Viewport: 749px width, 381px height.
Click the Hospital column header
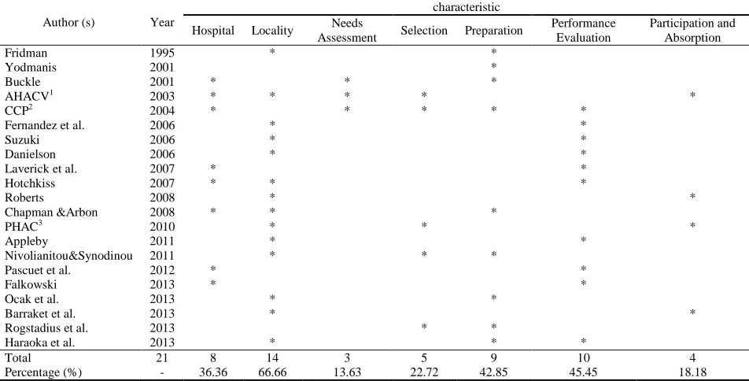[x=213, y=31]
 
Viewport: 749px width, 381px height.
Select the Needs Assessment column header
[x=347, y=31]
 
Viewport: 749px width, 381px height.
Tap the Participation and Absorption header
[x=692, y=31]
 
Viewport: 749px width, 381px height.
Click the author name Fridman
[x=26, y=53]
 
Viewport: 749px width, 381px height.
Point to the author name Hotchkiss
[x=30, y=183]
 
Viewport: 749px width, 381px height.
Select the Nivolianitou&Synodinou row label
[x=68, y=256]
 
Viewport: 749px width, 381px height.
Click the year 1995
[x=162, y=53]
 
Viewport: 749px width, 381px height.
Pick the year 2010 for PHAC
[x=162, y=227]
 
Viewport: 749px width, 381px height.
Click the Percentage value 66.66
[x=271, y=372]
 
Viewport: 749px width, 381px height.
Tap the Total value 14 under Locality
[x=271, y=357]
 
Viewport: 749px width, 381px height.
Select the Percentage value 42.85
[x=493, y=372]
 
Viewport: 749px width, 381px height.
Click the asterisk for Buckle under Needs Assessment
[x=347, y=81]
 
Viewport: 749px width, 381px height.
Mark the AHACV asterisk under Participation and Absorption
[x=692, y=95]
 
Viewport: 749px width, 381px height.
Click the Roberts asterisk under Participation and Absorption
[x=692, y=197]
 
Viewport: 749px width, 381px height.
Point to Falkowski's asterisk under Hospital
[x=213, y=284]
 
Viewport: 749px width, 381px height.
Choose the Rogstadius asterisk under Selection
[x=424, y=327]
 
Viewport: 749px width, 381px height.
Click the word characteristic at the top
[x=467, y=7]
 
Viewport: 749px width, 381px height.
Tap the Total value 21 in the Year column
[x=162, y=357]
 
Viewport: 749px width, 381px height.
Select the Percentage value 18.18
[x=692, y=372]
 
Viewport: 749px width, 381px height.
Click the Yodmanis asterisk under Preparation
[x=493, y=66]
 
